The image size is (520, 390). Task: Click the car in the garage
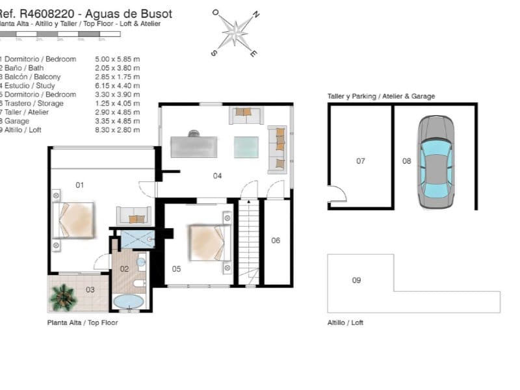(435, 162)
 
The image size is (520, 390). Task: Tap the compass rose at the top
(237, 31)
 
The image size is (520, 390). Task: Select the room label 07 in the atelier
(361, 161)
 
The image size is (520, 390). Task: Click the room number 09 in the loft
(356, 280)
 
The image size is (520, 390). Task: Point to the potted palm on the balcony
(64, 296)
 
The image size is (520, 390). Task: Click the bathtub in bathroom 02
(129, 302)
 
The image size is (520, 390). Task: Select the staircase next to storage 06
(249, 242)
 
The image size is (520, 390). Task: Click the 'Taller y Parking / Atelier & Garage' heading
(381, 96)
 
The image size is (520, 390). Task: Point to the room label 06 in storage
(276, 240)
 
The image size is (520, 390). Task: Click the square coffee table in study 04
(246, 146)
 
